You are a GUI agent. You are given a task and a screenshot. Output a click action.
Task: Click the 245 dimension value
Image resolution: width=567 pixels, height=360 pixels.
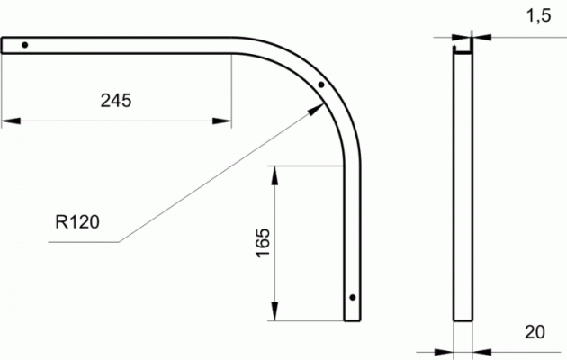click(116, 101)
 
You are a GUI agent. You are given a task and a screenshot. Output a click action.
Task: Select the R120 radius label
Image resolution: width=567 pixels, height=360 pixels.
click(77, 222)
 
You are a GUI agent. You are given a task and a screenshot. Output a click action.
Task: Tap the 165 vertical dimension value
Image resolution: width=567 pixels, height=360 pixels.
click(263, 242)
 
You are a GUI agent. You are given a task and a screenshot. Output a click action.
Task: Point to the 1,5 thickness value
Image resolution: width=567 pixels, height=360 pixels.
click(538, 16)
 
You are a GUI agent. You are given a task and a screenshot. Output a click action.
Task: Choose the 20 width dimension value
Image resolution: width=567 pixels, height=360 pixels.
click(535, 332)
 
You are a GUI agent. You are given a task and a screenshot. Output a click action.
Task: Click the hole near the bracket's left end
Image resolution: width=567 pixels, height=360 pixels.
click(24, 45)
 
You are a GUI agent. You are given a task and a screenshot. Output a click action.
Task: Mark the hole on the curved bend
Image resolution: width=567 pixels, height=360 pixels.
click(321, 85)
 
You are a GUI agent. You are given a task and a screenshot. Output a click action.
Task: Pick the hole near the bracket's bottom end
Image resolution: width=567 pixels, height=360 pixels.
click(353, 298)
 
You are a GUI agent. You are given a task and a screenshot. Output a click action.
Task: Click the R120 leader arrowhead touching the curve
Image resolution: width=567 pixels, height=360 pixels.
click(316, 109)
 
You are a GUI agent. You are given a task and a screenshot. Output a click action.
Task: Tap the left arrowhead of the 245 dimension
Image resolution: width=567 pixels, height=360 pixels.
click(11, 121)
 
